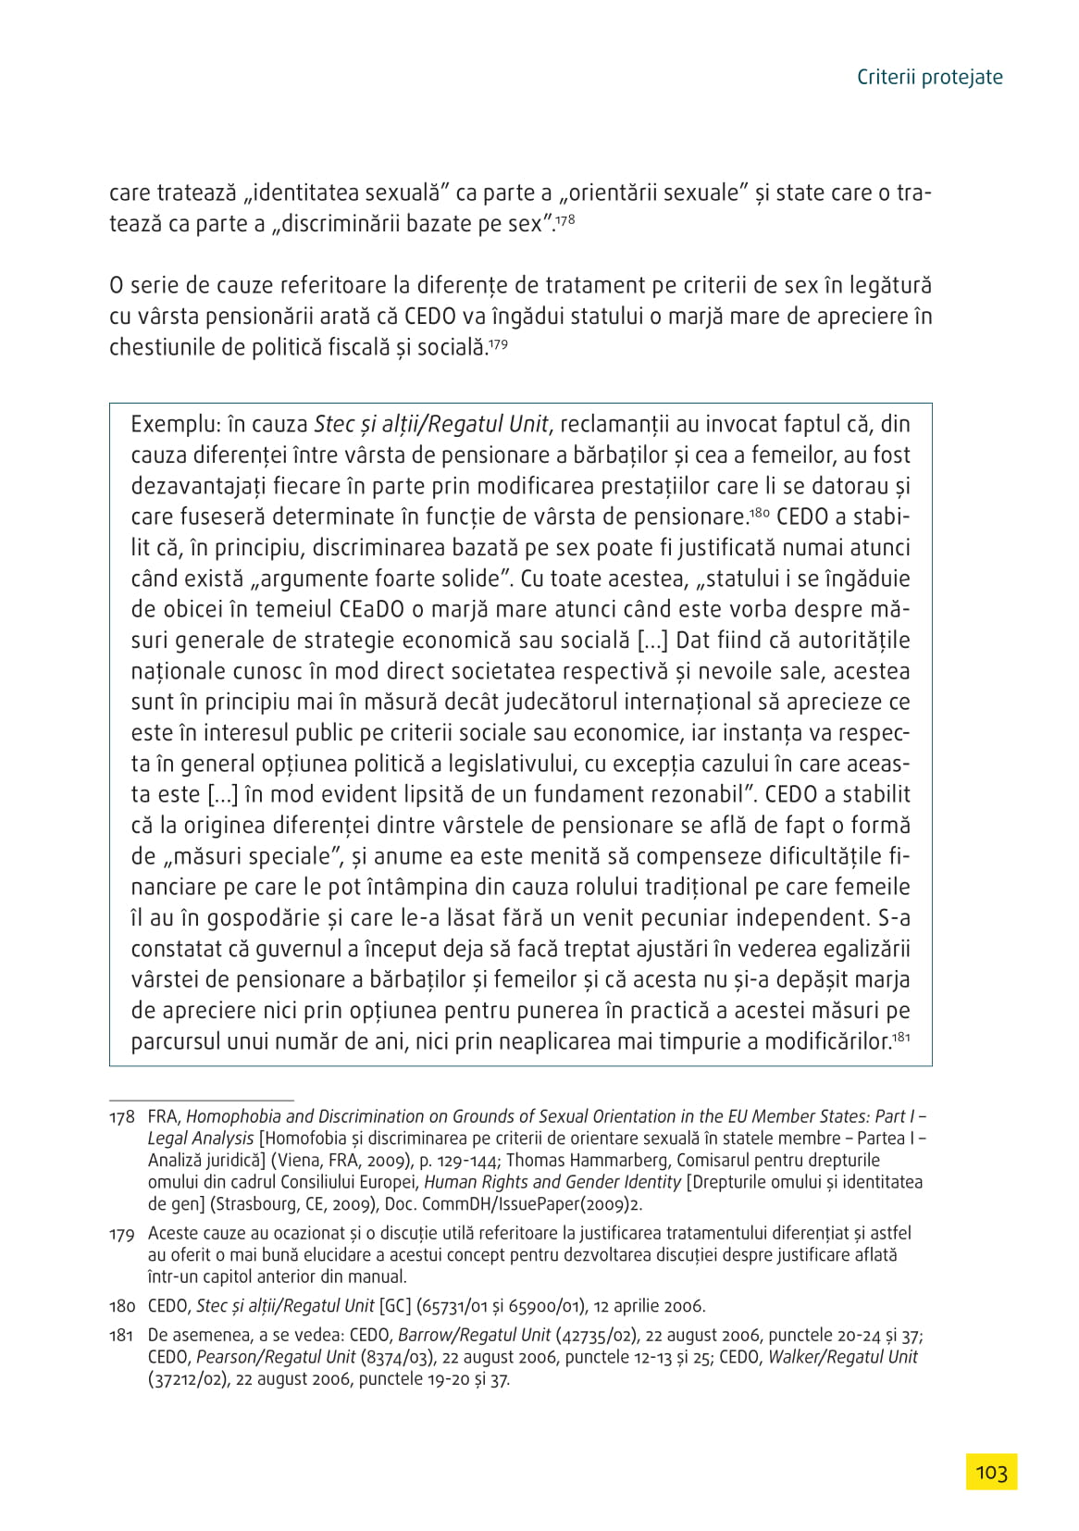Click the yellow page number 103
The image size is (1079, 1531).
pyautogui.click(x=990, y=1472)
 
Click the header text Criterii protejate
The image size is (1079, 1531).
pyautogui.click(x=929, y=77)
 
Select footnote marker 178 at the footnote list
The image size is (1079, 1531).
pyautogui.click(x=122, y=1117)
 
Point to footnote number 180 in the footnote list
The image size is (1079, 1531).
pyautogui.click(x=122, y=1306)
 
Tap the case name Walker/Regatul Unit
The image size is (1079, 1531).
pyautogui.click(x=843, y=1357)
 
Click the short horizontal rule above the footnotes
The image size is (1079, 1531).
pyautogui.click(x=201, y=1101)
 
